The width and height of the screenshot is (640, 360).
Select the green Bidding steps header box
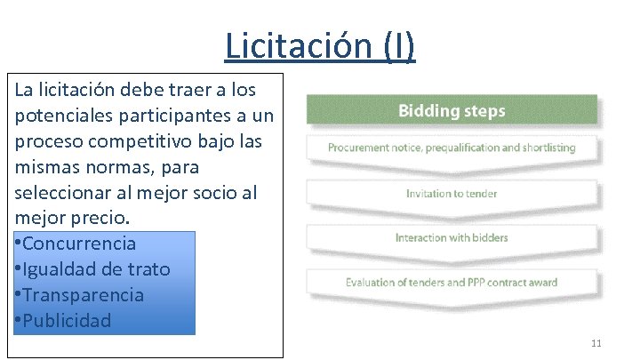(x=452, y=111)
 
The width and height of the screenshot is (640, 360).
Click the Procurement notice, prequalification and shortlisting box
(x=452, y=148)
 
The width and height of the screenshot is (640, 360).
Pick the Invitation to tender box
(x=452, y=194)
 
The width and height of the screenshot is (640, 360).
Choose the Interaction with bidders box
(x=452, y=237)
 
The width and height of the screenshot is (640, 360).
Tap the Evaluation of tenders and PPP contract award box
(x=452, y=283)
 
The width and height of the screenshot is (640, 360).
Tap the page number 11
(x=596, y=343)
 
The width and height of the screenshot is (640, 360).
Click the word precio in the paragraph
(x=98, y=218)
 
